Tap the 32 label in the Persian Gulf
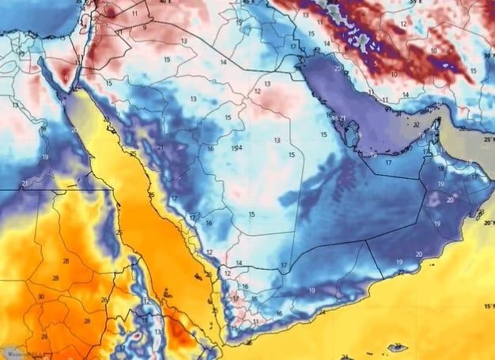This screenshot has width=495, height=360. pyautogui.click(x=416, y=124)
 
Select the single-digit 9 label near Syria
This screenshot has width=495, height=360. pyautogui.click(x=145, y=28)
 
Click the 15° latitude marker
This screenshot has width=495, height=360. pyautogui.click(x=487, y=305)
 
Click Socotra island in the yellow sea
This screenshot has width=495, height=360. pyautogui.click(x=398, y=347)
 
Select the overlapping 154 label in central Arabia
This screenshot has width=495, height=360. pyautogui.click(x=236, y=148)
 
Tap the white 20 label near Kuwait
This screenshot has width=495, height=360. pyautogui.click(x=338, y=69)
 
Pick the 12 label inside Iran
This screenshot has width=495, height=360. pyautogui.click(x=402, y=25)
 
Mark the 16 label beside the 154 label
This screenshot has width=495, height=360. pyautogui.click(x=210, y=149)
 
